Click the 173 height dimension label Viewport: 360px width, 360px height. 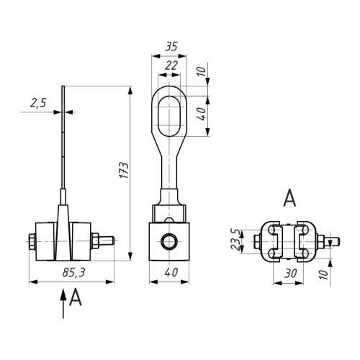[x=124, y=170]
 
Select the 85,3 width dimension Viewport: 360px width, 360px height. [x=73, y=272]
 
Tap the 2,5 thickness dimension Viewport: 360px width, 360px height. [x=38, y=103]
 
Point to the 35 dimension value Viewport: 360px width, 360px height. [x=171, y=46]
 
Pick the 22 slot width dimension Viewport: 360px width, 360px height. [x=171, y=66]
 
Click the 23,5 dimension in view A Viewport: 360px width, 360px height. [x=235, y=240]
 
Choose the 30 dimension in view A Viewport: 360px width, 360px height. [x=290, y=274]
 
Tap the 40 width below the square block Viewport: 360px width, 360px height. [x=171, y=272]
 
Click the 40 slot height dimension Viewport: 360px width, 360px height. [x=202, y=114]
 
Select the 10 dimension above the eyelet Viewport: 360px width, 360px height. [x=202, y=71]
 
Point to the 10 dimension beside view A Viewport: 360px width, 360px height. [x=323, y=274]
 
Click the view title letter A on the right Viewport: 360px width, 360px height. [x=289, y=198]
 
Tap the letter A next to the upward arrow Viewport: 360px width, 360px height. [x=76, y=297]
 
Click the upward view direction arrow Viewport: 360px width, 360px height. [x=63, y=303]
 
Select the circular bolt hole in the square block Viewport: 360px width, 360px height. [x=169, y=241]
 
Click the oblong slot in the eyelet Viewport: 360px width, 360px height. [x=169, y=116]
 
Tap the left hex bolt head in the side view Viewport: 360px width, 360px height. [x=32, y=240]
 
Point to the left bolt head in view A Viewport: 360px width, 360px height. [x=257, y=241]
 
